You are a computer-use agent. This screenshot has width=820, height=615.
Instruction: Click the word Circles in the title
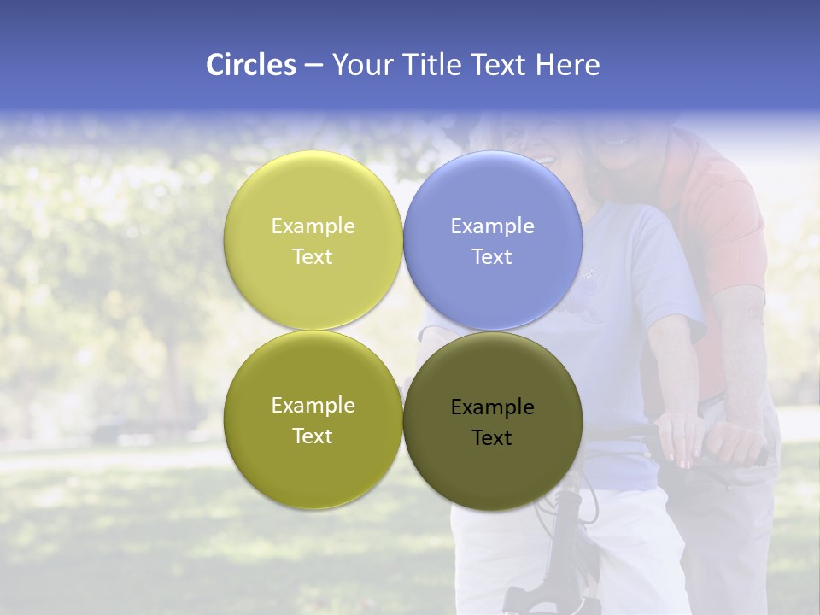[251, 65]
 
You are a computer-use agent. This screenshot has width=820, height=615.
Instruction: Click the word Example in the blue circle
[493, 226]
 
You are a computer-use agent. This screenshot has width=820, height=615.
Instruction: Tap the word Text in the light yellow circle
[313, 257]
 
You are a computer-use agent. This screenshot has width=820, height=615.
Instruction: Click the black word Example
[493, 407]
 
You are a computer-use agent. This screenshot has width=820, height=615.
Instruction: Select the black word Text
[492, 438]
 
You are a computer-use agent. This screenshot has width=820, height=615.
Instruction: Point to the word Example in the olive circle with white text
[313, 406]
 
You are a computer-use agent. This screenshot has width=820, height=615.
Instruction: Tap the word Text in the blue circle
[492, 257]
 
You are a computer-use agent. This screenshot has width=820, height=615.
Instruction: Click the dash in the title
[313, 65]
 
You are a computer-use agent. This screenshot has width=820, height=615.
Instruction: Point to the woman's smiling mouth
[544, 158]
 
